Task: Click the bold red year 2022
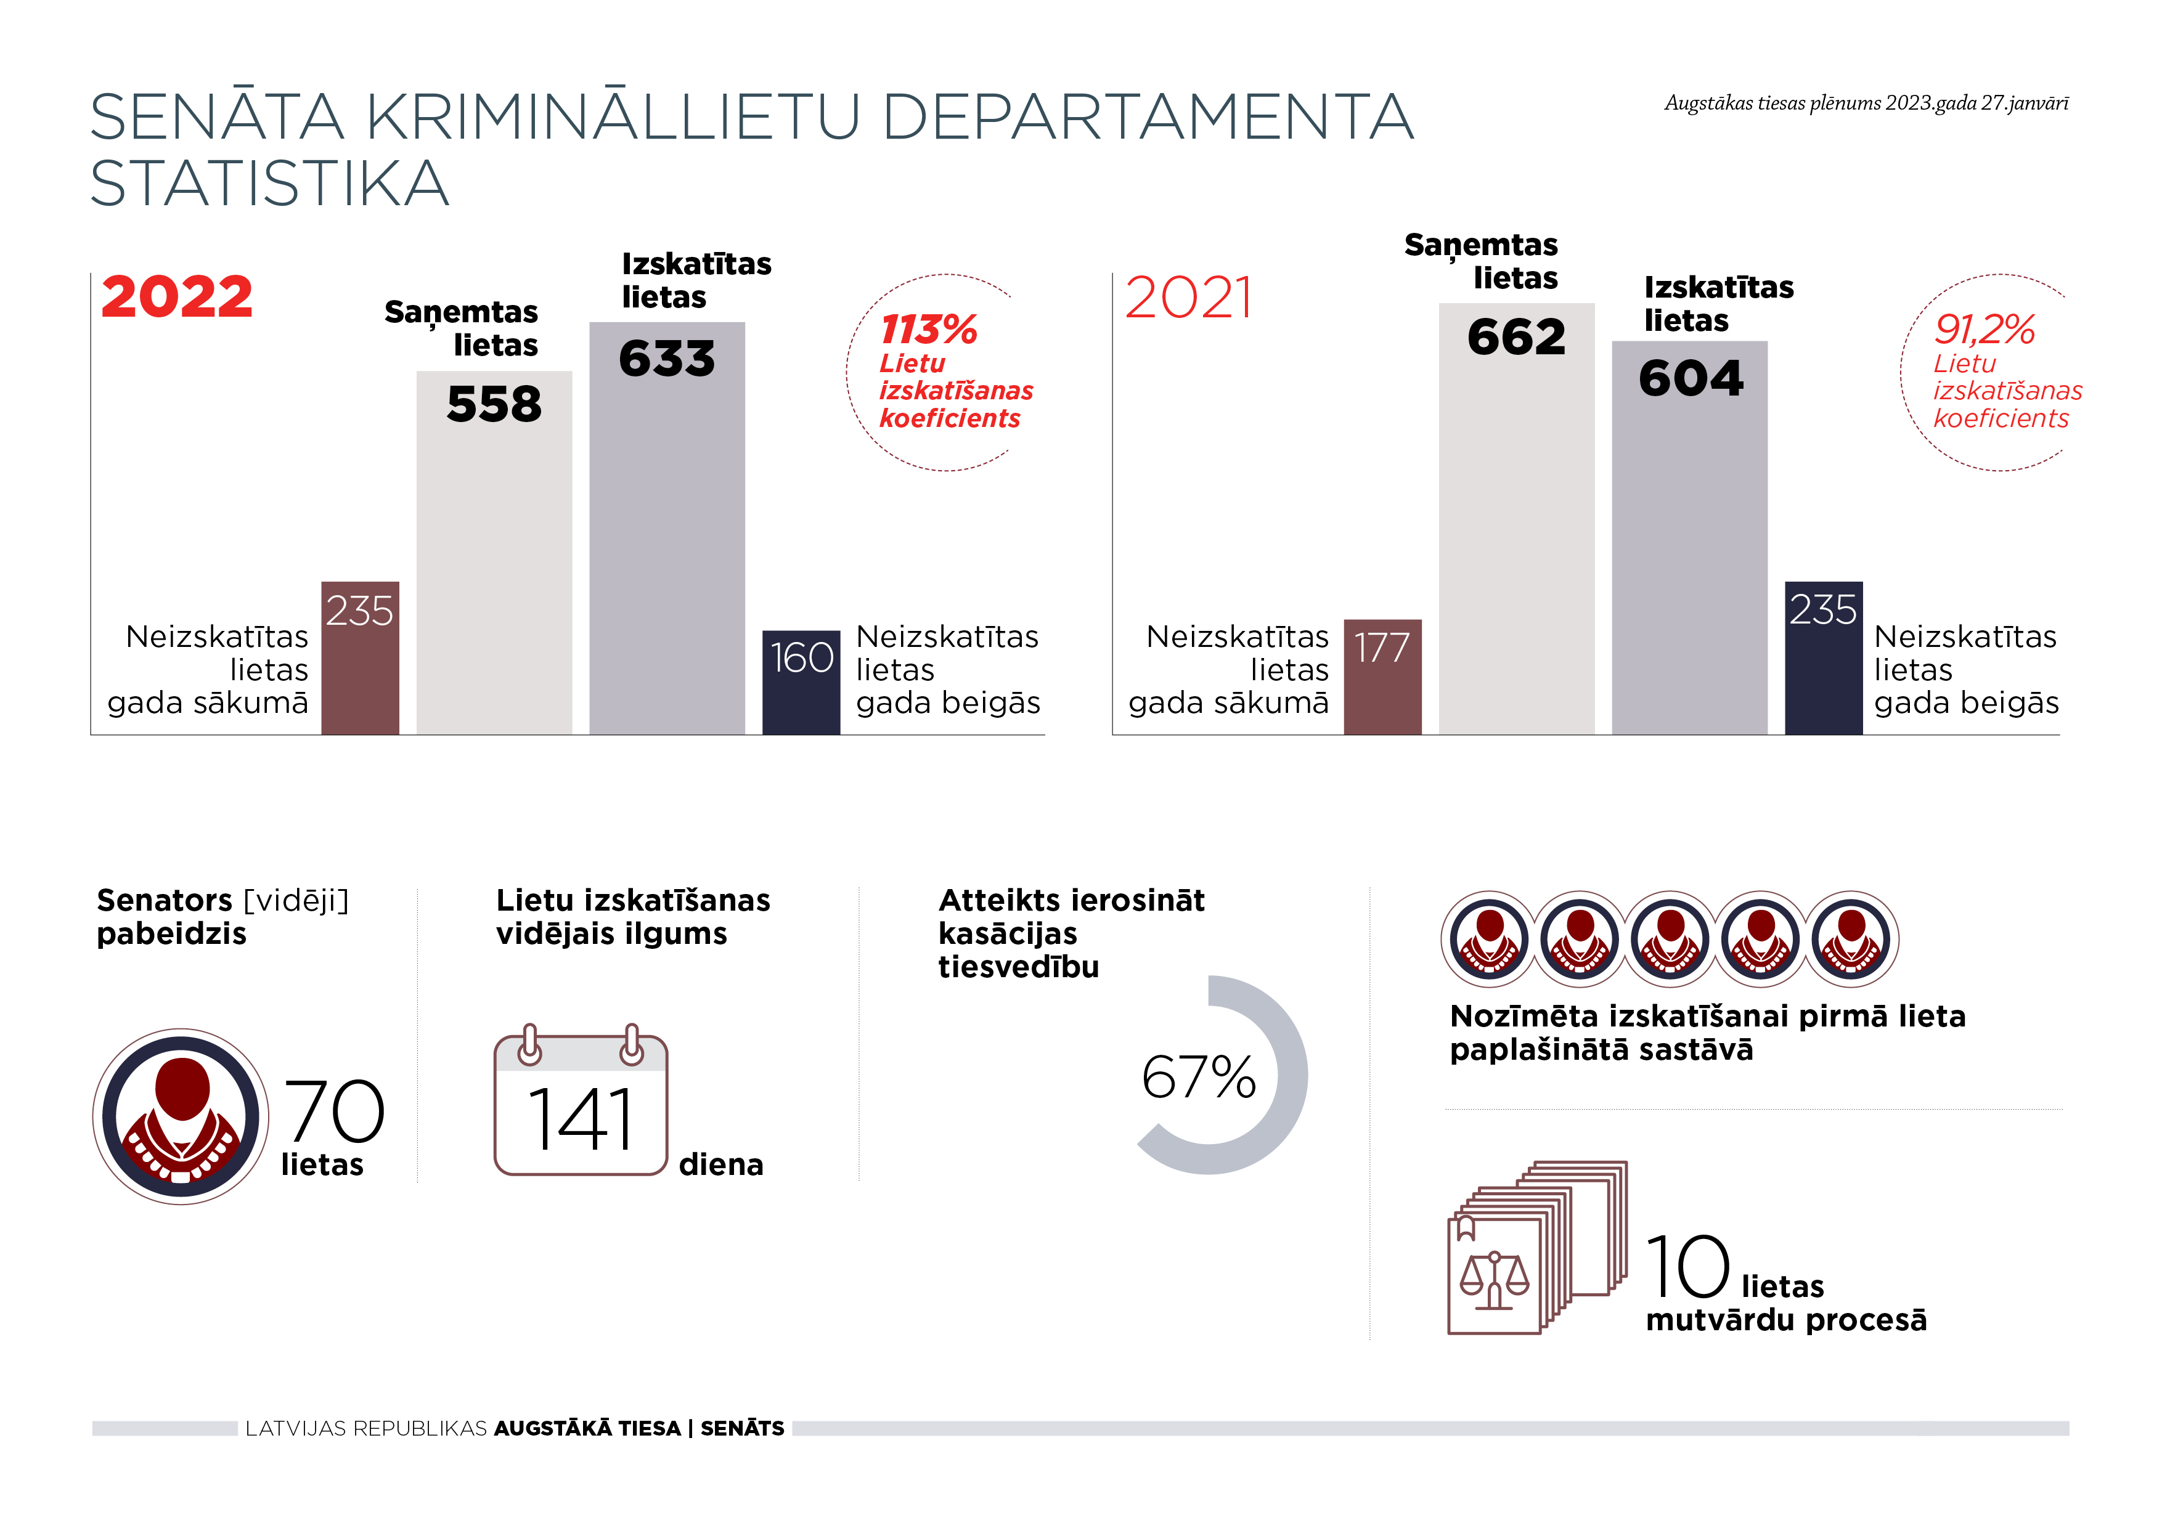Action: pyautogui.click(x=177, y=298)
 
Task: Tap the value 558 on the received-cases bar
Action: pyautogui.click(x=494, y=405)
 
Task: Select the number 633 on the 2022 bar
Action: pyautogui.click(x=667, y=359)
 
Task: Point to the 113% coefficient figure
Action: pyautogui.click(x=928, y=330)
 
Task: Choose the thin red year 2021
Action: pyautogui.click(x=1188, y=298)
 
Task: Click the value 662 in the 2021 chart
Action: pyautogui.click(x=1516, y=337)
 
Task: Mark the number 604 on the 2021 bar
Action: pyautogui.click(x=1691, y=378)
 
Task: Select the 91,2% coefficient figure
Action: pyautogui.click(x=1984, y=330)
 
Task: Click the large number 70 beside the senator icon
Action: pyautogui.click(x=334, y=1111)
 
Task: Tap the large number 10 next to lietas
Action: pyautogui.click(x=1687, y=1267)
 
